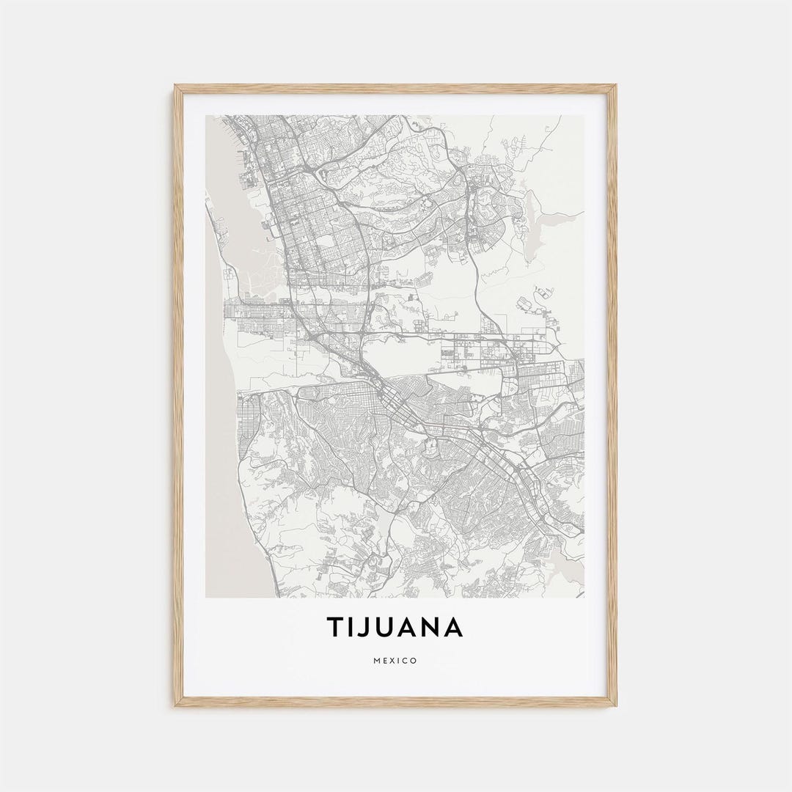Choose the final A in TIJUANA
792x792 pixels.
coord(453,627)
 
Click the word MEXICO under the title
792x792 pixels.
coord(395,661)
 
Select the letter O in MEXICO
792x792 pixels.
coord(414,661)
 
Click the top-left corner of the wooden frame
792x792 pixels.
coord(176,87)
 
